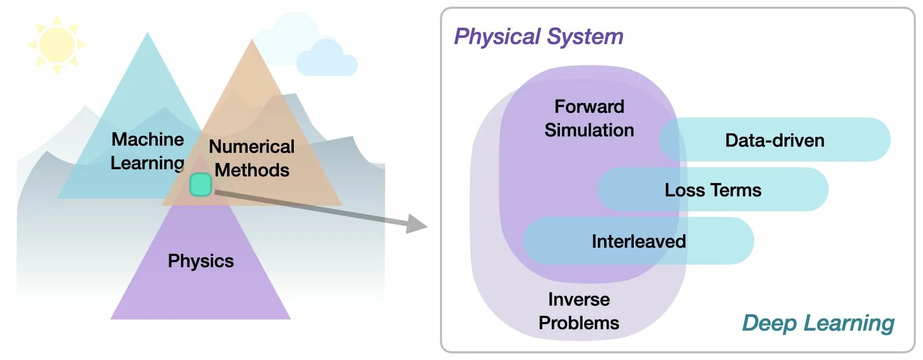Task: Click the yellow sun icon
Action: click(56, 45)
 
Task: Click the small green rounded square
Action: click(200, 185)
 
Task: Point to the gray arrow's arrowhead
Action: click(417, 224)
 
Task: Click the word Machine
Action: click(148, 139)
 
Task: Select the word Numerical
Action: click(251, 147)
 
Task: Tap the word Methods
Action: click(252, 170)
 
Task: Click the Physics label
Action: click(200, 261)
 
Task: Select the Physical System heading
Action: click(538, 37)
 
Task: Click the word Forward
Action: click(589, 107)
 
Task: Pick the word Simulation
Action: click(589, 130)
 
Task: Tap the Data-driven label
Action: click(774, 141)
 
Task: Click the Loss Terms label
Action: click(713, 190)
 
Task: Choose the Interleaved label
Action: click(638, 242)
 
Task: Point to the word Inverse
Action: click(579, 299)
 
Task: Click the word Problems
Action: click(579, 323)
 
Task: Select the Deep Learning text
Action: click(818, 323)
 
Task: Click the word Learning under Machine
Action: click(147, 163)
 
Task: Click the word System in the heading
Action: click(585, 37)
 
